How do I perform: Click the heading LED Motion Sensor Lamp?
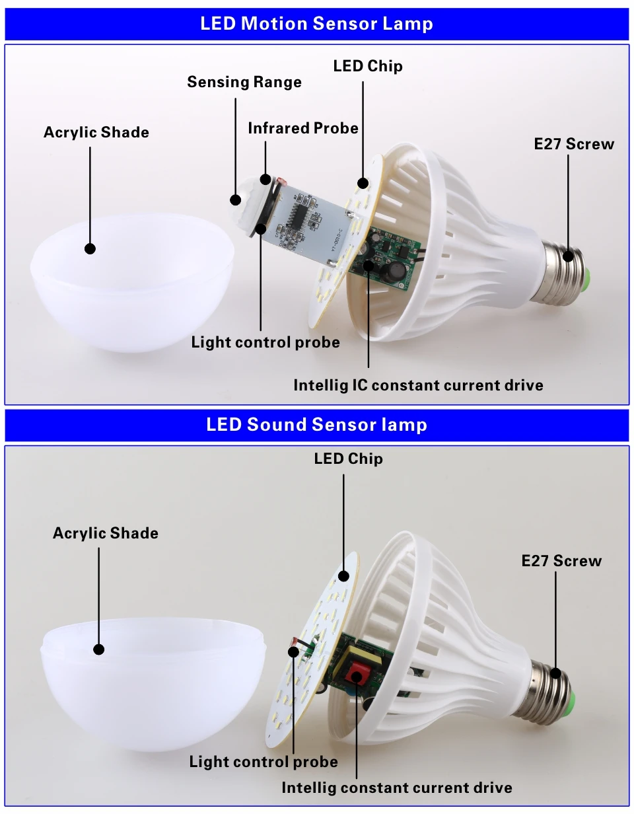316,24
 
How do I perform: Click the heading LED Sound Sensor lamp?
316,424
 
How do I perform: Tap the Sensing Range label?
244,82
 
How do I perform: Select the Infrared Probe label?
302,128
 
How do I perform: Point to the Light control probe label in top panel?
265,342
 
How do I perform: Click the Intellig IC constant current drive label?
418,385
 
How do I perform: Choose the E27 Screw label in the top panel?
573,144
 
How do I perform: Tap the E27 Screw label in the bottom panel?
561,561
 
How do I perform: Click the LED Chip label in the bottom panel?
348,459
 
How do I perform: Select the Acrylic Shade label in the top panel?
96,132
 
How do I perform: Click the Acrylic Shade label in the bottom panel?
106,533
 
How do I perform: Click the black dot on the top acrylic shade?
90,248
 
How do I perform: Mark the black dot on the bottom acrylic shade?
99,649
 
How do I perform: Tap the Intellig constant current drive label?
396,788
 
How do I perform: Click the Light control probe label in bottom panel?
264,762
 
